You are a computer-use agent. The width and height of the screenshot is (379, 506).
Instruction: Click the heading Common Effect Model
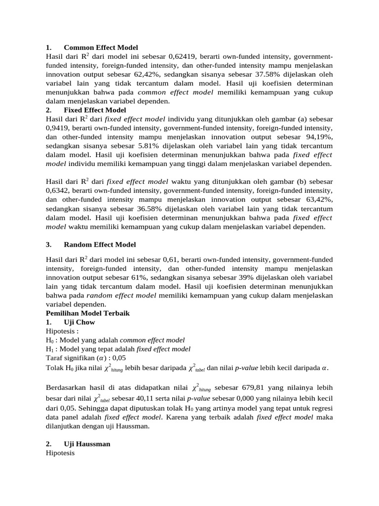(x=101, y=48)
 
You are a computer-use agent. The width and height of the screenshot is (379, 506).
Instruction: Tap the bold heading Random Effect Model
(x=100, y=245)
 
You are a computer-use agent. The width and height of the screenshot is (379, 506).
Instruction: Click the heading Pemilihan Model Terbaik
(x=88, y=313)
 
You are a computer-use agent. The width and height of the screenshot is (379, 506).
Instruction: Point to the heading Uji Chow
(x=79, y=322)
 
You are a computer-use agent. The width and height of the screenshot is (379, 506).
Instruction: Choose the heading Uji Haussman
(x=87, y=444)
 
